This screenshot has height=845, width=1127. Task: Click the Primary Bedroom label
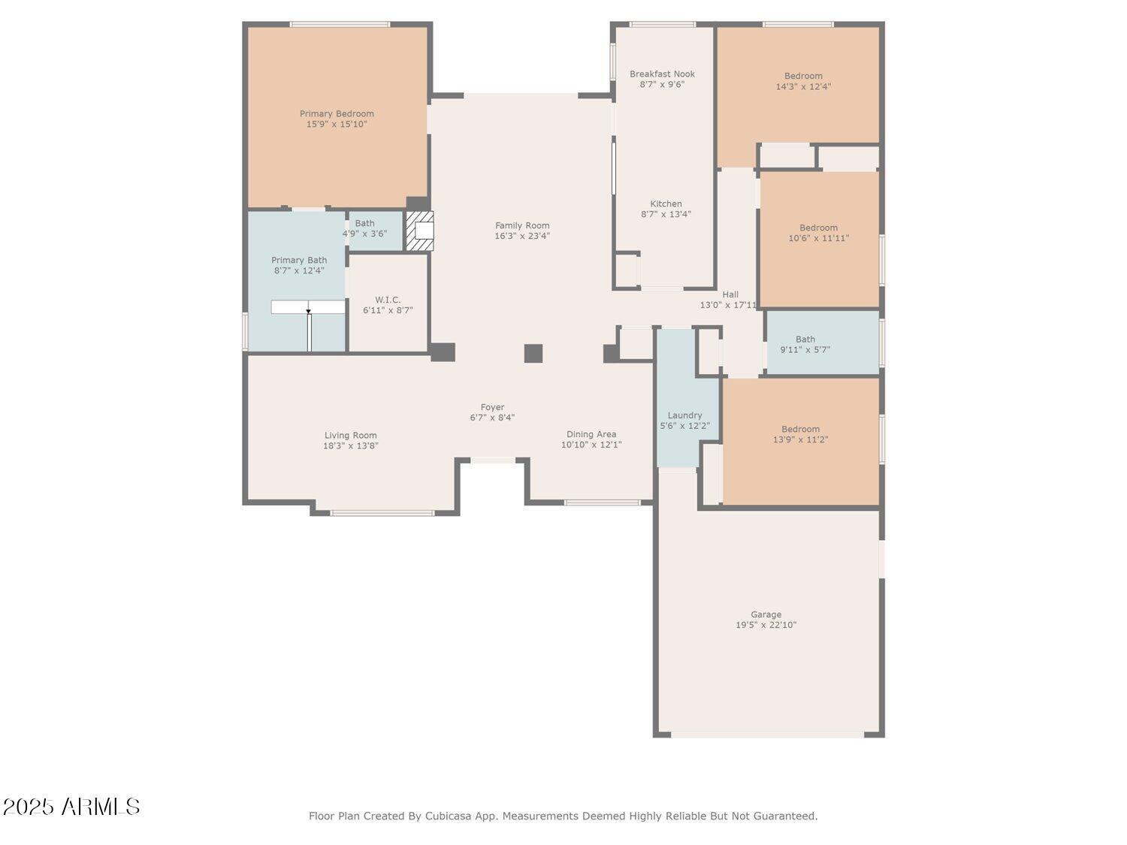[337, 114]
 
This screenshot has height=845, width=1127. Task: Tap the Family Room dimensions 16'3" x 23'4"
[522, 236]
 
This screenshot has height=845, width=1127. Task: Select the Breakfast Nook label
[662, 74]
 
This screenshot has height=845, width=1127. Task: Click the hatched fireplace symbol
[419, 231]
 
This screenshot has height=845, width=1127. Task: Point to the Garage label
[766, 614]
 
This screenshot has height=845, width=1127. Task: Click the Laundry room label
[684, 415]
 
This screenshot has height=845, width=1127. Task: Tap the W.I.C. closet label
[388, 300]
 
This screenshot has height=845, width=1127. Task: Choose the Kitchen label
[666, 204]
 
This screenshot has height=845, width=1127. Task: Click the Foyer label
[492, 407]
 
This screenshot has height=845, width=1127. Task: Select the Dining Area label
[591, 435]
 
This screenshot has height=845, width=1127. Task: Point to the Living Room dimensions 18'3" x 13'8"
[350, 446]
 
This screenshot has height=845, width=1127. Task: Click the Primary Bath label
[299, 260]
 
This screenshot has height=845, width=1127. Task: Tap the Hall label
[730, 294]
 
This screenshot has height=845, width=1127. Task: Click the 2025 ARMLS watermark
[71, 807]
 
